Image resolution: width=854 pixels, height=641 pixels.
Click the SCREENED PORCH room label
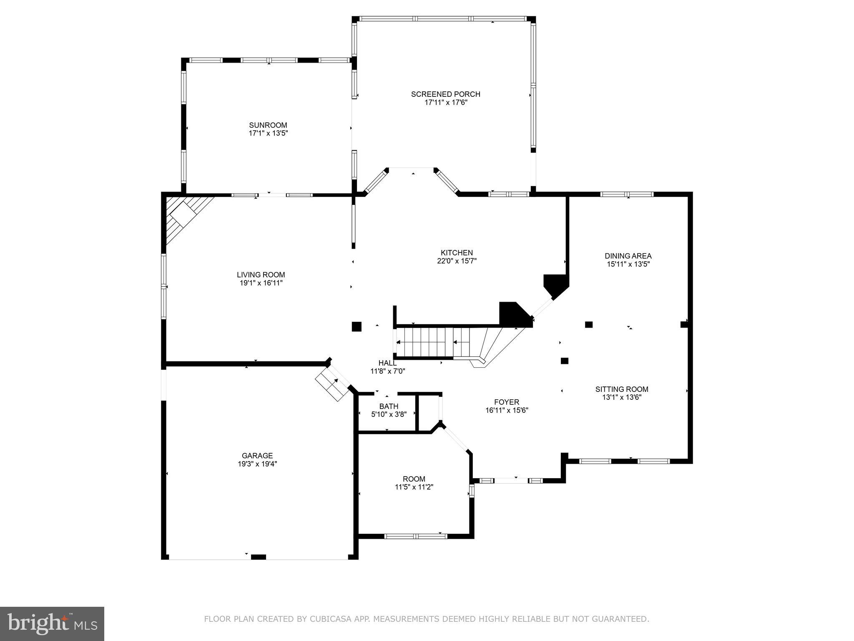point(445,94)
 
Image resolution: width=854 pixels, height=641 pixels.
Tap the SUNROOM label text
point(268,125)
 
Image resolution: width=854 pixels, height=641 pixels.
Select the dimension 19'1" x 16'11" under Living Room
point(261,283)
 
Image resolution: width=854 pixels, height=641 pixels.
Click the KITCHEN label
point(457,253)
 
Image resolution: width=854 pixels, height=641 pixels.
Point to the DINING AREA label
point(628,256)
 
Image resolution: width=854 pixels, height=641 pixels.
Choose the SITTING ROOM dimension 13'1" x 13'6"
point(622,397)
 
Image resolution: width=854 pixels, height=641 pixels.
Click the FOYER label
point(507,402)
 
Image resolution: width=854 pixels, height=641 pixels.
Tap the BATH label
point(389,406)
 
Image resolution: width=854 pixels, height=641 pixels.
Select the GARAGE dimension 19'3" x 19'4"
point(257,464)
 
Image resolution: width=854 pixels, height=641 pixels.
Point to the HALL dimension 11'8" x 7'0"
point(388,371)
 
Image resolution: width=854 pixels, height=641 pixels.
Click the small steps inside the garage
point(332,384)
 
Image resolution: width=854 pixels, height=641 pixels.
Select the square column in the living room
point(356,326)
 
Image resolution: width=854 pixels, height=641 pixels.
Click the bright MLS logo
point(52,624)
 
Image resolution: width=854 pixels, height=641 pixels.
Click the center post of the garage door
point(259,557)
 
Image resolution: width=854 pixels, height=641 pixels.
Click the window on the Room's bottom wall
point(415,536)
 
